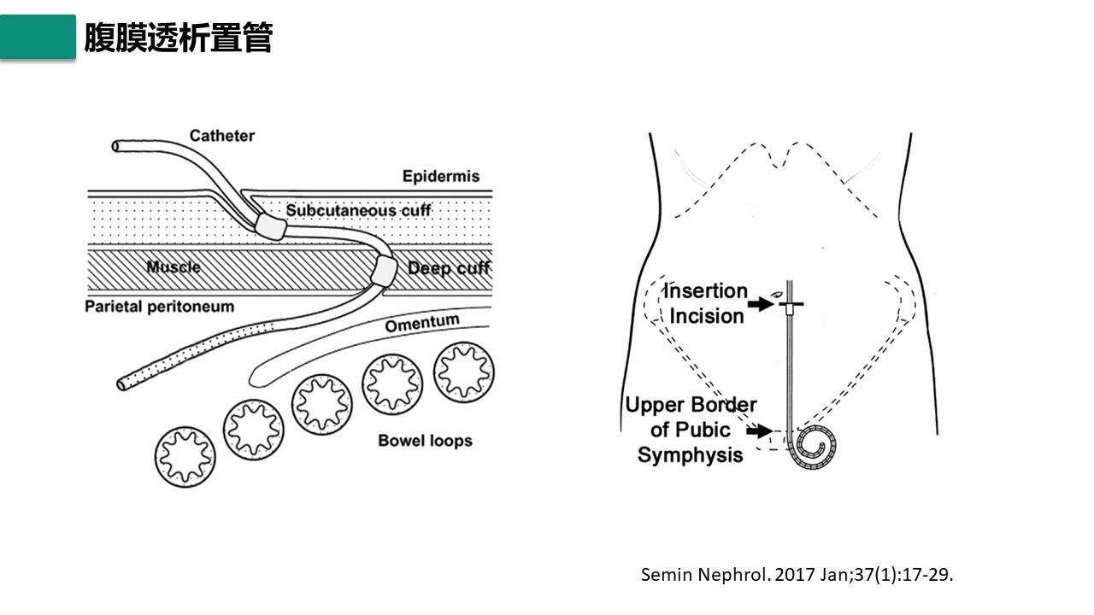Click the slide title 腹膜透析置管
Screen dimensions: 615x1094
(178, 38)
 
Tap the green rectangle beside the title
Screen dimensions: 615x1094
(38, 37)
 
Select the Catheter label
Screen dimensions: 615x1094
(222, 136)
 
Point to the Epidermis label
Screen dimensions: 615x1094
(441, 177)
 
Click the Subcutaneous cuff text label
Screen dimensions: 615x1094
(358, 210)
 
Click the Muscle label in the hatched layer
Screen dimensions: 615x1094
(174, 266)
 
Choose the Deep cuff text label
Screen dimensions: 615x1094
(449, 268)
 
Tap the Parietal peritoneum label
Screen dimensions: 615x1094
(159, 306)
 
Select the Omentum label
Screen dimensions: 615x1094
(421, 324)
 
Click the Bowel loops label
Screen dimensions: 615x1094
(425, 441)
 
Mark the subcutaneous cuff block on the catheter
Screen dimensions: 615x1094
(272, 225)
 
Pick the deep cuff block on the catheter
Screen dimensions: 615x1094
(384, 272)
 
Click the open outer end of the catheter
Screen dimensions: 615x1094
(117, 146)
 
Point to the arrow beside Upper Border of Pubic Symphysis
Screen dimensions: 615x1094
(758, 431)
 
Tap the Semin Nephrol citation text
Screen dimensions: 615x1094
(797, 574)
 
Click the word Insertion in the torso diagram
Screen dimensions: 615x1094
(706, 291)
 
